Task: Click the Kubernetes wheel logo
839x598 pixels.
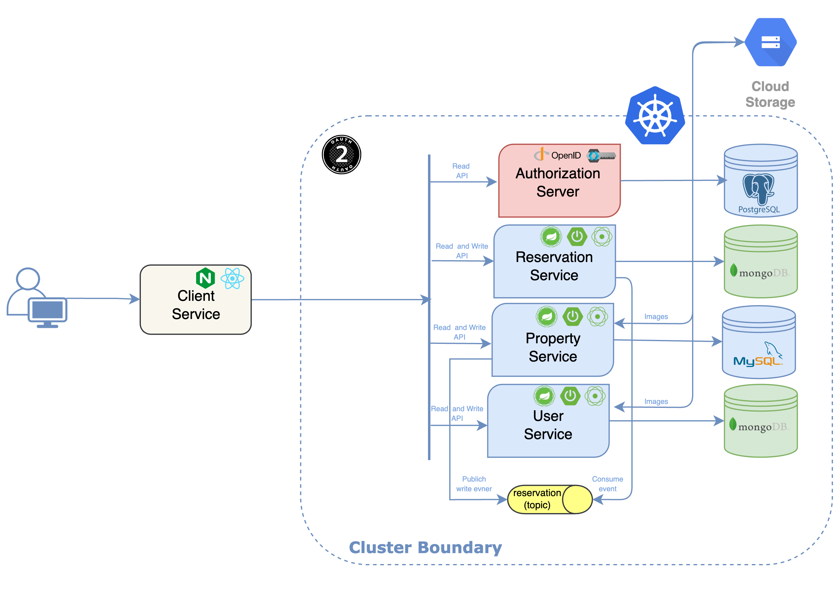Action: pos(655,116)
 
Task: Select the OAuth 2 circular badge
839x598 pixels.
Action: pos(341,154)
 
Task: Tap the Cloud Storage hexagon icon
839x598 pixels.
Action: pos(770,42)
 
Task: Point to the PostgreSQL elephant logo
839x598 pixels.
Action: pos(758,189)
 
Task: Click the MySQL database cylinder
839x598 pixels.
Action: pos(759,342)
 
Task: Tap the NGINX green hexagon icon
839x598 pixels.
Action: pos(205,278)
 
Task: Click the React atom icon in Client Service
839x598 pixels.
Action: pos(232,279)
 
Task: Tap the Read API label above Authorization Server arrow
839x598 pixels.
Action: pos(461,171)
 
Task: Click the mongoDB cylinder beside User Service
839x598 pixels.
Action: pos(760,421)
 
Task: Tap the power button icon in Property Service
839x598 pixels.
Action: pos(572,316)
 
